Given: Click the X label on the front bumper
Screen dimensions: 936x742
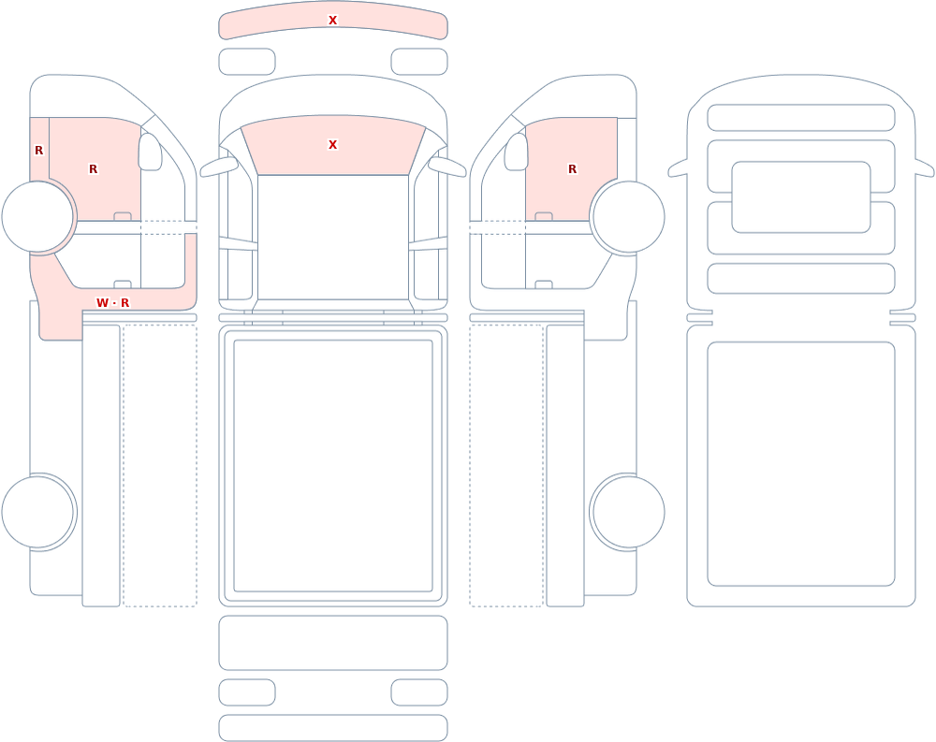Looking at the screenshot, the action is click(x=332, y=21).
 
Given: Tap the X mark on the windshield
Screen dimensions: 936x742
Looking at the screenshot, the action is click(x=332, y=144).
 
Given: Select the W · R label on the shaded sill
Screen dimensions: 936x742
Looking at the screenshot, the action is click(x=113, y=302).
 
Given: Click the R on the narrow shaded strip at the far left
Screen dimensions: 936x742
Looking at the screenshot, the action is click(x=38, y=151).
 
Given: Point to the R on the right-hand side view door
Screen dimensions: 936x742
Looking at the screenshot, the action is click(x=572, y=169).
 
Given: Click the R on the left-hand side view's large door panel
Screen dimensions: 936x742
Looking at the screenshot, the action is click(x=93, y=169).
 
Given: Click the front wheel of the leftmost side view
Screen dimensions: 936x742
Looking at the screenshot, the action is click(x=38, y=217).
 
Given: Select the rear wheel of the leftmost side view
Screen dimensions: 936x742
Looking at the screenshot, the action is click(x=38, y=512).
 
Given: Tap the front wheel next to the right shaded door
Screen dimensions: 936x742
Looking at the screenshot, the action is click(x=628, y=217).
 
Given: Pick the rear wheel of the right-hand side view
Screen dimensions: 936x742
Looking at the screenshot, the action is click(x=628, y=512).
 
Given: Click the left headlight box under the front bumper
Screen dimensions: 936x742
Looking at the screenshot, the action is click(x=247, y=62).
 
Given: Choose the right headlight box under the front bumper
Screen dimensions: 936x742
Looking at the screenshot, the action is click(x=419, y=62).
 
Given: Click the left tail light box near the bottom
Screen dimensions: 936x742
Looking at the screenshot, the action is click(x=247, y=692).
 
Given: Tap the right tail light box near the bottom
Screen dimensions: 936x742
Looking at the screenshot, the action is click(x=419, y=692).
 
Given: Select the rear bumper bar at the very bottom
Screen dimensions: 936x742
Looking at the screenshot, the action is click(x=333, y=728).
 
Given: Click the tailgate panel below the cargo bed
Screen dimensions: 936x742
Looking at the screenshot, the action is click(x=333, y=643).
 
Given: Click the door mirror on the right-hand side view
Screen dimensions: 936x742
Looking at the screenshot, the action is click(x=517, y=152).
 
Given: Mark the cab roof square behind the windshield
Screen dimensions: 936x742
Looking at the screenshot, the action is click(x=333, y=237).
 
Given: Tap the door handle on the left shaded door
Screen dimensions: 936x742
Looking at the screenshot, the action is click(x=123, y=216).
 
